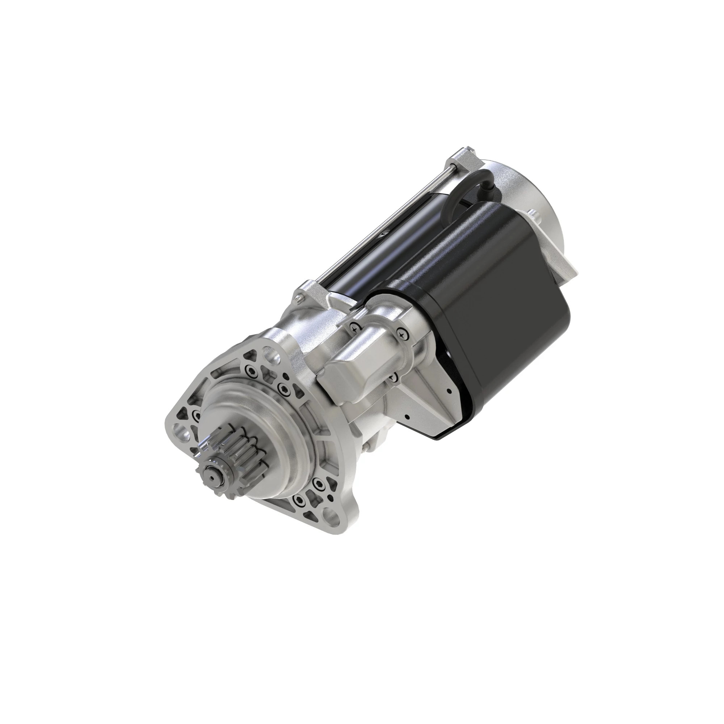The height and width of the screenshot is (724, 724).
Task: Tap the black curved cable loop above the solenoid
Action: click(x=468, y=191)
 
